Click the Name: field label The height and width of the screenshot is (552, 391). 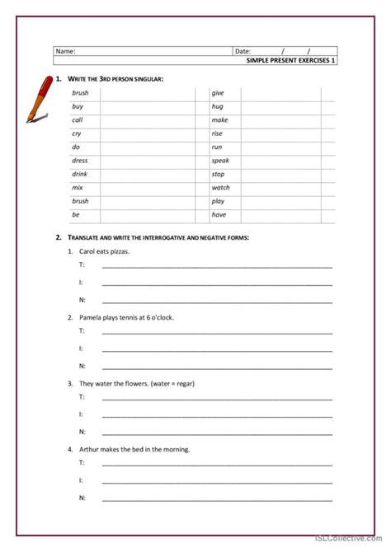pos(66,51)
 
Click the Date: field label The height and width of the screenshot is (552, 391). pos(243,51)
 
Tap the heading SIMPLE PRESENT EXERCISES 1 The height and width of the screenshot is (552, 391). pos(292,60)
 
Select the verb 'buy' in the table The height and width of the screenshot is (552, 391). pos(78,106)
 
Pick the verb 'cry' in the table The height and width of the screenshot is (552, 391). pos(77,133)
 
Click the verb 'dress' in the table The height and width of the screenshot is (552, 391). pos(80,161)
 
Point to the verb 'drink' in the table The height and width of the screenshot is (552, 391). pos(80,174)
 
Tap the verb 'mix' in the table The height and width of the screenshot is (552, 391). pos(77,188)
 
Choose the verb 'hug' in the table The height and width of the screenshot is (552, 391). pos(218,106)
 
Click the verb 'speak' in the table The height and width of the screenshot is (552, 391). pos(220,161)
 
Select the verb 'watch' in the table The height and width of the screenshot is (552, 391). pos(221,188)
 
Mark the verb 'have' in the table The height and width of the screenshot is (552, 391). pos(219,215)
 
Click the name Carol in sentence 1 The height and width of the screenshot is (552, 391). pos(88,250)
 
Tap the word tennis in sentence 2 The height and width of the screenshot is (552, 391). pos(142,317)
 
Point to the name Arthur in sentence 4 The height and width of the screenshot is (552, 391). pos(89,449)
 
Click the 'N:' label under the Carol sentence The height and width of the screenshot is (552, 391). pos(82,300)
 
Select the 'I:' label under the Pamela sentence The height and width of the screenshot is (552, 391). pos(82,349)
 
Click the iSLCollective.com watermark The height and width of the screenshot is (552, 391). pos(359,544)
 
